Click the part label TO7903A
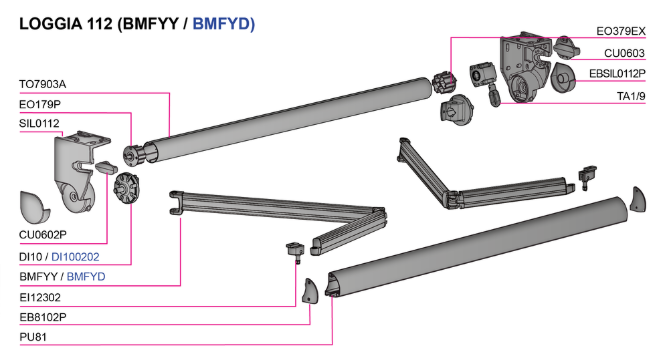42,84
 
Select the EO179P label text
40,104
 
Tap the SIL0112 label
39,124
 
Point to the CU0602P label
43,235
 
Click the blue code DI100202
75,257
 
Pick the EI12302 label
40,297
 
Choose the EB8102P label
43,317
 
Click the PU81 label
33,337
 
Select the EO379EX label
621,31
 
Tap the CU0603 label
624,53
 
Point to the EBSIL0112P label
617,74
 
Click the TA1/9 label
631,96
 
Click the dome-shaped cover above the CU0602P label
34,207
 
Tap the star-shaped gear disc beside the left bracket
126,188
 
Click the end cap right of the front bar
638,199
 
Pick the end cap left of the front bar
309,291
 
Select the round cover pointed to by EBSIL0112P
563,78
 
